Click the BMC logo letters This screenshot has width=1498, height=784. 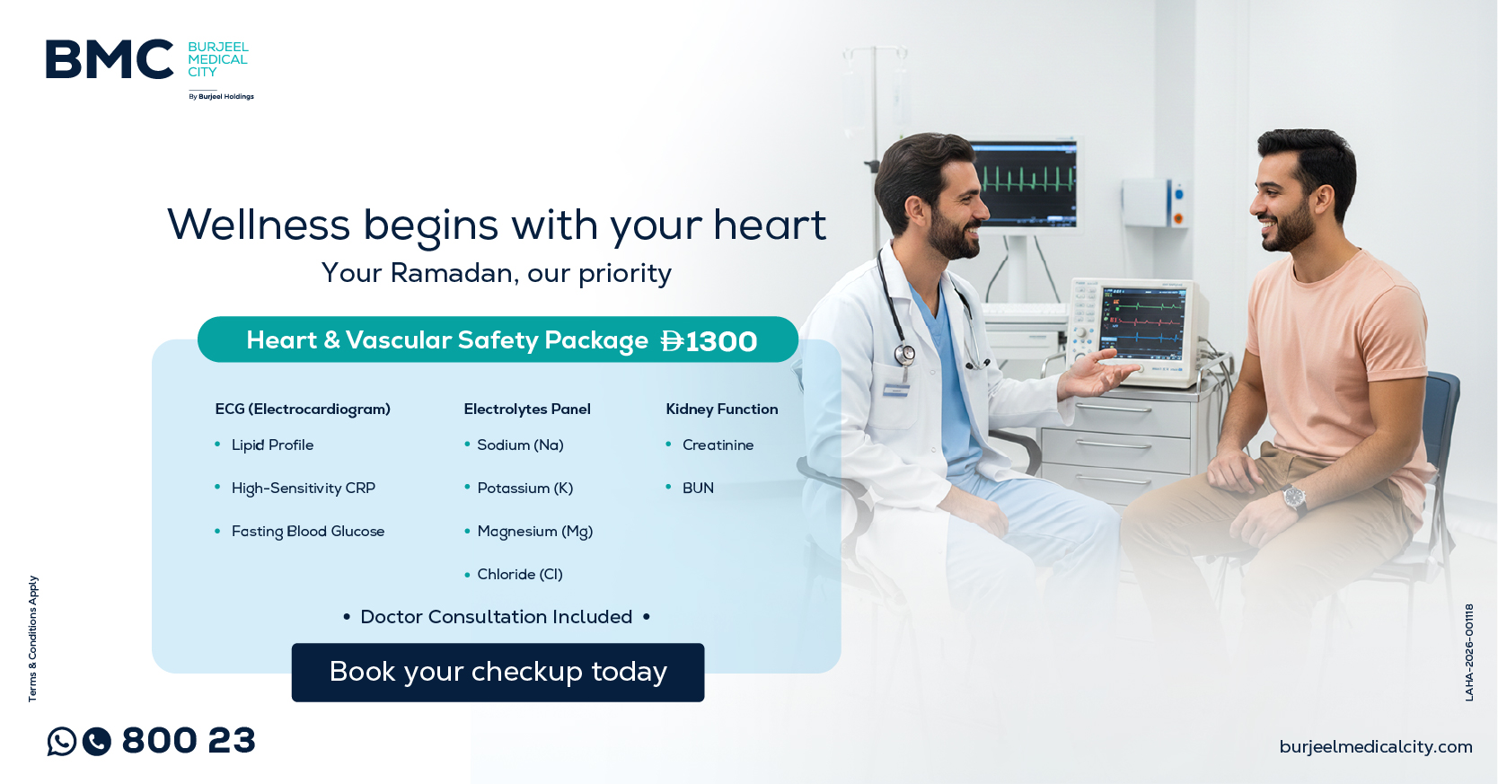point(110,59)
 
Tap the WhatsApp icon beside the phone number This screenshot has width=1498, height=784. point(62,741)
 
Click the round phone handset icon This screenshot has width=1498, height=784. point(97,741)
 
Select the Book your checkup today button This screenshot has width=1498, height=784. point(498,672)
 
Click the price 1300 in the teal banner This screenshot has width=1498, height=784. point(720,341)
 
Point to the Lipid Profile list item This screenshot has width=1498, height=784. point(272,445)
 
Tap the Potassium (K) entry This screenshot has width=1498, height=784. point(524,488)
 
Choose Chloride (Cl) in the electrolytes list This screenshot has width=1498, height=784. point(520,574)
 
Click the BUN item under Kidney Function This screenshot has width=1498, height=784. point(698,488)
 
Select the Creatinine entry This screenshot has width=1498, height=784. point(718,445)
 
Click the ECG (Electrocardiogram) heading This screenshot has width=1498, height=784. point(303,409)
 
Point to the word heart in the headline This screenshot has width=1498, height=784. point(769,225)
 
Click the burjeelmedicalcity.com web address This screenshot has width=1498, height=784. point(1375,746)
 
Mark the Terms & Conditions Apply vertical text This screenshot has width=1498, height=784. point(33,638)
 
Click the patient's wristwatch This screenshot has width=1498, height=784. point(1294,498)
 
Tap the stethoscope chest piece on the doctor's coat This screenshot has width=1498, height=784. point(905,355)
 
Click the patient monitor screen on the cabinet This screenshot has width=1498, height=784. point(1142,326)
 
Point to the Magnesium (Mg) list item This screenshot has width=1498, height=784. point(534,531)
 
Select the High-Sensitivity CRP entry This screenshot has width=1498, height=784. point(303,488)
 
